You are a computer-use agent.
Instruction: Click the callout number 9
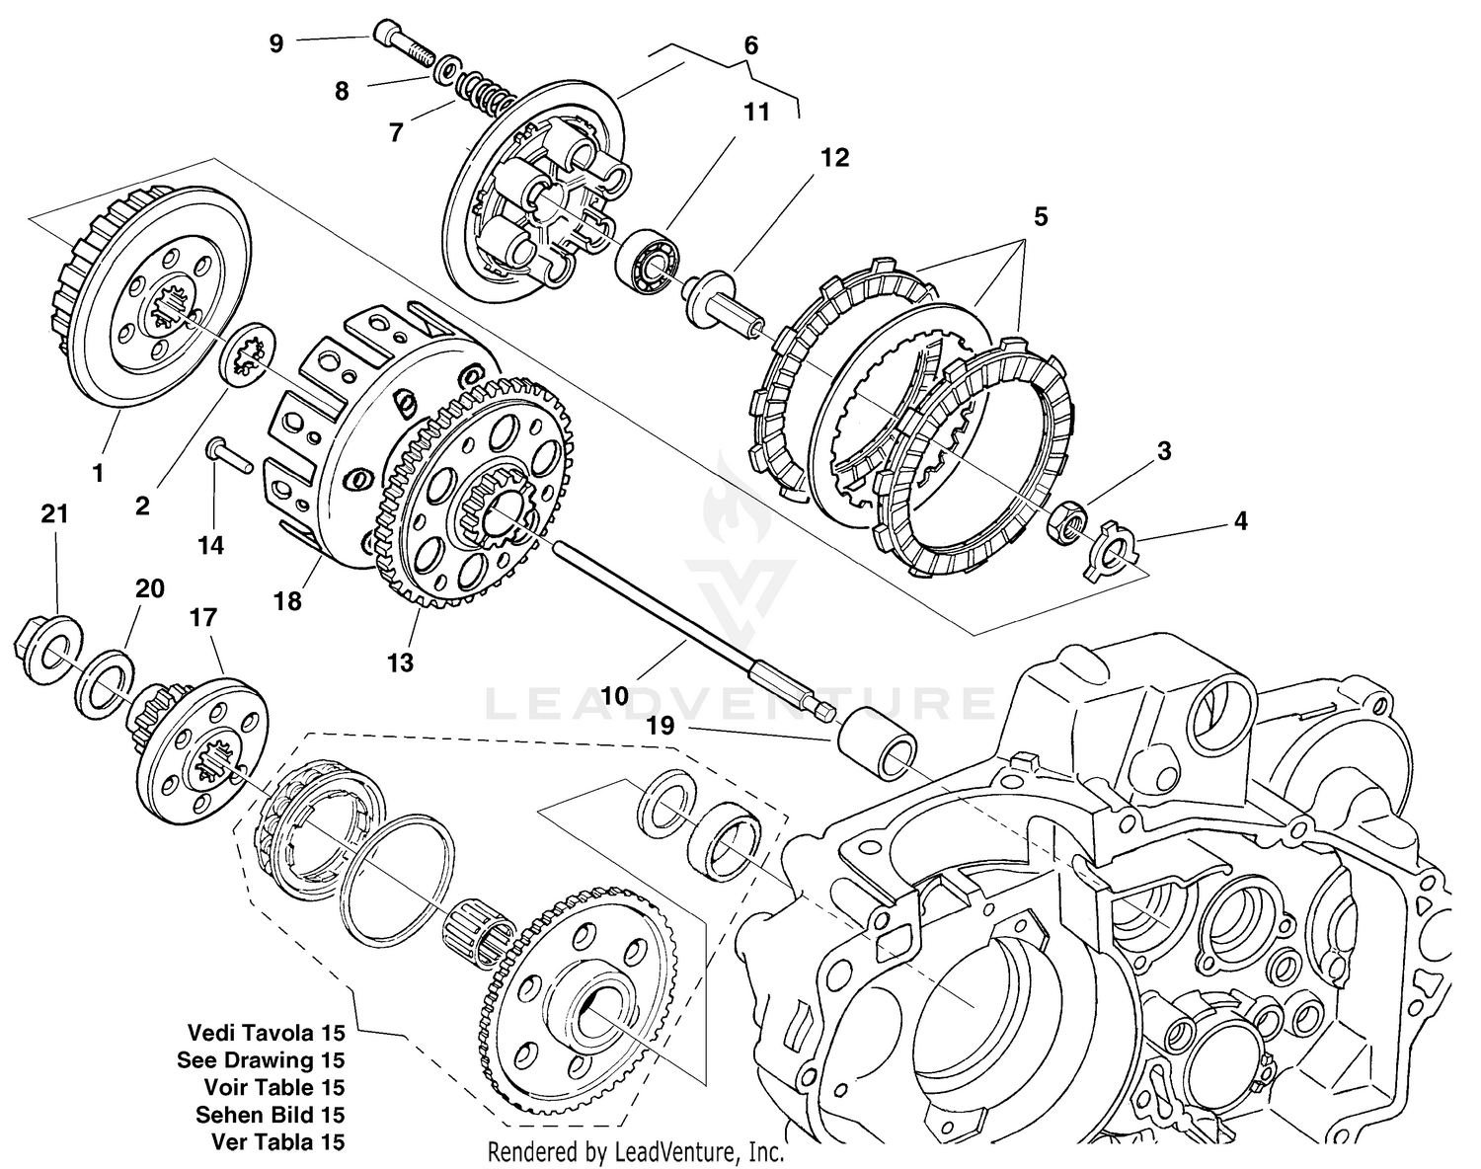tap(276, 43)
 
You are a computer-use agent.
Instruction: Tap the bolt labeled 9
tap(405, 45)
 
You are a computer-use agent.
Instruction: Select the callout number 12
tap(834, 158)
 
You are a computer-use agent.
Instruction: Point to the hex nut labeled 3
tap(1067, 520)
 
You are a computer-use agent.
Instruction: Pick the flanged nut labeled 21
tap(40, 650)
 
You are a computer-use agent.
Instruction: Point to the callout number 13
tap(401, 662)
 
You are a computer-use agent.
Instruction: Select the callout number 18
tap(288, 600)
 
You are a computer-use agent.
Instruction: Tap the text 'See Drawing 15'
tap(262, 1060)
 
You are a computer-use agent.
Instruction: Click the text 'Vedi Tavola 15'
tap(267, 1033)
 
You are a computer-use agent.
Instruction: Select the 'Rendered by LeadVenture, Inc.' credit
tap(637, 1151)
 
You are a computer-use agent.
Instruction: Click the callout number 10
tap(614, 696)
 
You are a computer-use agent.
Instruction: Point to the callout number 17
tap(203, 618)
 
